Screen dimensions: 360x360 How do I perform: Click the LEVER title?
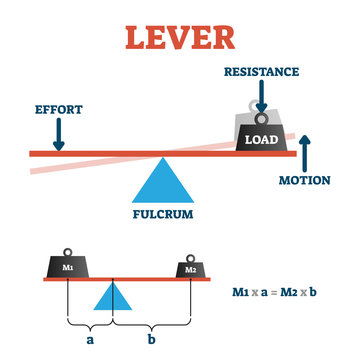pos(180,37)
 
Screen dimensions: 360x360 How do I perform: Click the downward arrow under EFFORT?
pos(58,133)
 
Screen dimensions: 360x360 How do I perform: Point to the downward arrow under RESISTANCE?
pos(259,97)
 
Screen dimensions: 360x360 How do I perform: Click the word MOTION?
pos(304,180)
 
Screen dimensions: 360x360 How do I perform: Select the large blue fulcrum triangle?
pos(160,182)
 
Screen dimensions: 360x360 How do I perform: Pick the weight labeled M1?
pos(66,267)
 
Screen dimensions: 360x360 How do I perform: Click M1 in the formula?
pos(241,291)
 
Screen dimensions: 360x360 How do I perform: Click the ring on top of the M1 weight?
pos(66,250)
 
